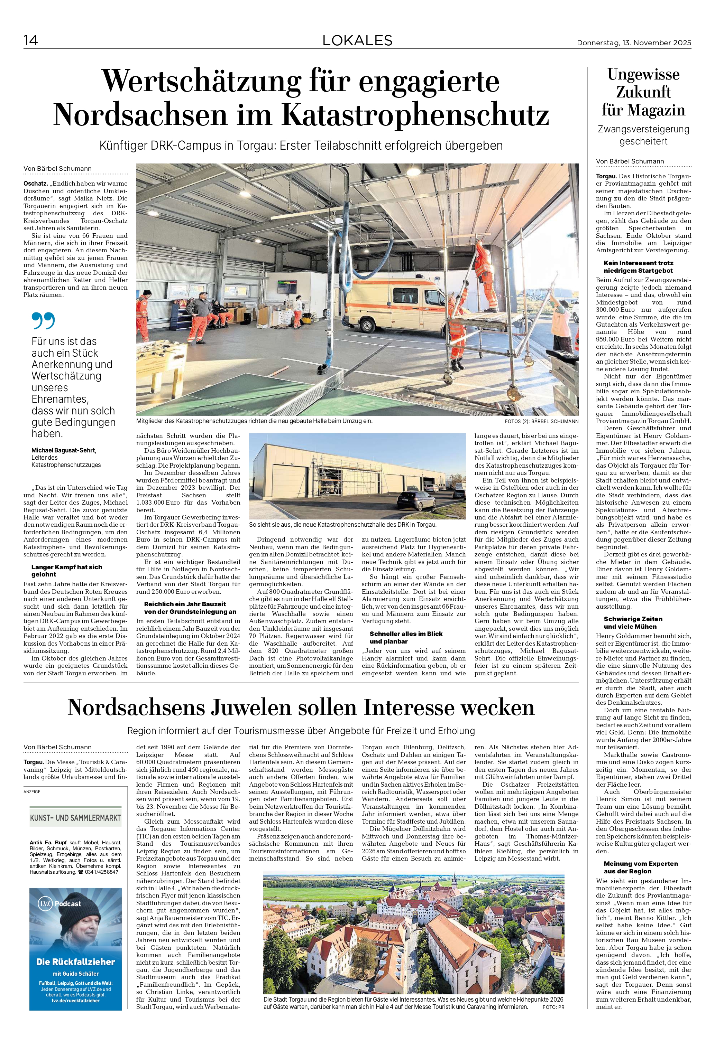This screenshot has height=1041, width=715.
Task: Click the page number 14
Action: [x=31, y=41]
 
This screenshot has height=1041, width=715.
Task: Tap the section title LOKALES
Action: [x=357, y=41]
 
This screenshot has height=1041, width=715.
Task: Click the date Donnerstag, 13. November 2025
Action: [x=634, y=43]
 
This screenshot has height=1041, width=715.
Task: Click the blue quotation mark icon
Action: [x=44, y=321]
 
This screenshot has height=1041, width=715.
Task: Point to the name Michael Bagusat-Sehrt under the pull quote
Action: [x=64, y=450]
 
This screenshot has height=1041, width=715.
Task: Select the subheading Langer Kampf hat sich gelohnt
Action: [x=67, y=571]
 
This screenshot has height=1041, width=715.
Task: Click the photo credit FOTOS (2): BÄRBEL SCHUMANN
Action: [x=541, y=422]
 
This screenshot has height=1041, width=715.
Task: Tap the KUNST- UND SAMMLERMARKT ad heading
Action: [x=75, y=818]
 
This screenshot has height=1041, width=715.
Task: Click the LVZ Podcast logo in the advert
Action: [x=59, y=904]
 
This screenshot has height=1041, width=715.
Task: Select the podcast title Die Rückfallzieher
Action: [x=75, y=962]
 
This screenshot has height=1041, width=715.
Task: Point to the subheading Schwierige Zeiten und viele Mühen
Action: [x=633, y=622]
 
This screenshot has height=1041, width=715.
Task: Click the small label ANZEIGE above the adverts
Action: [x=32, y=791]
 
